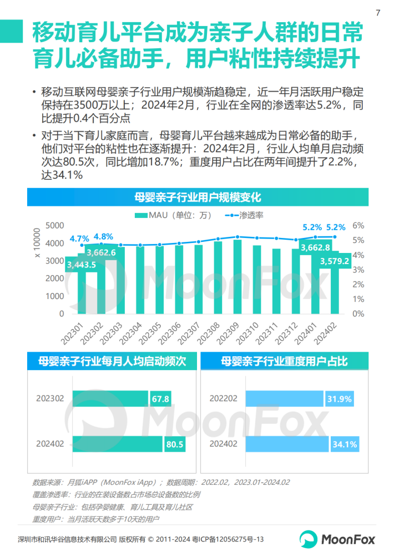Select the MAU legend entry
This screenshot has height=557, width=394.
pyautogui.click(x=165, y=215)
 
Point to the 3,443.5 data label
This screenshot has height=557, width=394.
pyautogui.click(x=81, y=265)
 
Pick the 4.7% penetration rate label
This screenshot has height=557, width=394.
pyautogui.click(x=79, y=239)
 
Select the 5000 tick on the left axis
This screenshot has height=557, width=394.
pyautogui.click(x=54, y=225)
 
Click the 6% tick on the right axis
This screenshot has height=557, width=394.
pyautogui.click(x=358, y=225)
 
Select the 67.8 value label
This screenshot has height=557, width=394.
pyautogui.click(x=159, y=399)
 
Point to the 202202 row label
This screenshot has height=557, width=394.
pyautogui.click(x=223, y=399)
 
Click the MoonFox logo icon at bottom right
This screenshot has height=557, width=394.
pyautogui.click(x=309, y=539)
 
